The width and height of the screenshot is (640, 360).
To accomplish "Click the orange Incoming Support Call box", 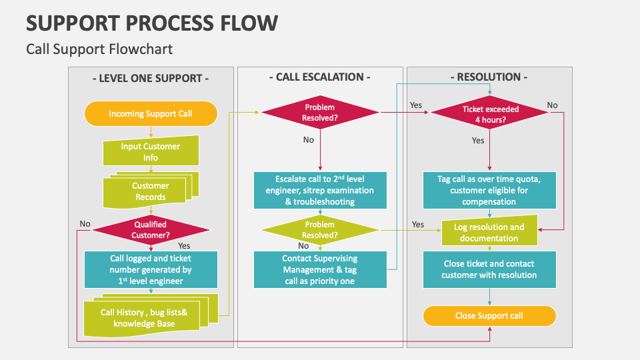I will coord(151,113).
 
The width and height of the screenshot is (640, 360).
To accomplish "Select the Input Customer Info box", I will coord(151,152).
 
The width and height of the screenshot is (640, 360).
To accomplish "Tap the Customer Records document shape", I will coord(151,191).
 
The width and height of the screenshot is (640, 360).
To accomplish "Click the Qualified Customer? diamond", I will coord(151,230).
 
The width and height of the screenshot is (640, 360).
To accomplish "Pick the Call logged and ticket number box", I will coord(151,269).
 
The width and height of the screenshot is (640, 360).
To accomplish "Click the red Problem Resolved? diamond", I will coord(320,113).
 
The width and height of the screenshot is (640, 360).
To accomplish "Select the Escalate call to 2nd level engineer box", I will coord(320,190).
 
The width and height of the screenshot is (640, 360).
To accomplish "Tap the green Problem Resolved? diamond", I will coord(320,230).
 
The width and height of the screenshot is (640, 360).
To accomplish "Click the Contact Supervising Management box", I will coord(320,269).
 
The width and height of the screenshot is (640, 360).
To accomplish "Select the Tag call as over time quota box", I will coord(489,190).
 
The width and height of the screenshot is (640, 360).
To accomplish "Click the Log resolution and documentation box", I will coord(489,232).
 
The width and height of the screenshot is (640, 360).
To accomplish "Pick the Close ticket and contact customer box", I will coord(489,269).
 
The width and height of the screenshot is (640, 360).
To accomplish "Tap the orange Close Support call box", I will coord(489,315).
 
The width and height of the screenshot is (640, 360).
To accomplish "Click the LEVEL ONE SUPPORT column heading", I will coord(151,78).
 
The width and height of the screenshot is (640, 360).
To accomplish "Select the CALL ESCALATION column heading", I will coord(320,77).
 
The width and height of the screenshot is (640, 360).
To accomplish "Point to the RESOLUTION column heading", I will coord(489,77).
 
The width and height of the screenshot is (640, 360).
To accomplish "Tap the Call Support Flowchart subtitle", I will coord(99,49).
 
